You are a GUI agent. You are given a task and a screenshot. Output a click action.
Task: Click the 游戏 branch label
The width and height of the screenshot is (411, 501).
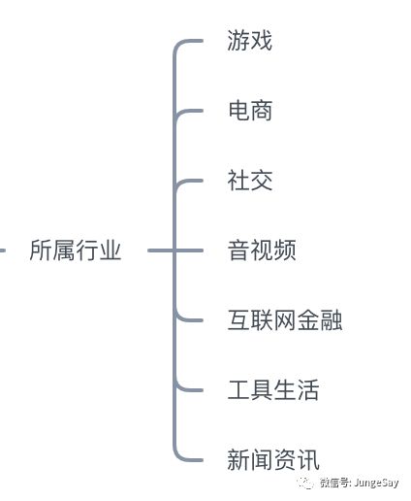[x=249, y=41]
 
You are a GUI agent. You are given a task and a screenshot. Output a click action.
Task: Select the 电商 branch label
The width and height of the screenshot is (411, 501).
[x=250, y=111]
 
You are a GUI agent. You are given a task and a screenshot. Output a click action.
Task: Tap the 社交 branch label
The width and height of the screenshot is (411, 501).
[x=250, y=181]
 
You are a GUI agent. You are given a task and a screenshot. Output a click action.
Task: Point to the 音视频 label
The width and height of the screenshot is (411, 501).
[x=262, y=250]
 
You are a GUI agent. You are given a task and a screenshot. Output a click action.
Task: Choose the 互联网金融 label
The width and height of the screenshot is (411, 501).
[x=285, y=320]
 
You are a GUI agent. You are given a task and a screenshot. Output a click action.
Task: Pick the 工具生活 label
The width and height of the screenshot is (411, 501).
[x=273, y=390]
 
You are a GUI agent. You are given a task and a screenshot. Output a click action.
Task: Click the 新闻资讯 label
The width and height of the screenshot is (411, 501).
[x=273, y=460]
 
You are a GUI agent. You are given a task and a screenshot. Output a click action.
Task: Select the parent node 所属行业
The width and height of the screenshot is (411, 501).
[x=76, y=250]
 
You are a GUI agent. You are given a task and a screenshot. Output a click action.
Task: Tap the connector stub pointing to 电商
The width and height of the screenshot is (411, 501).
[x=187, y=111]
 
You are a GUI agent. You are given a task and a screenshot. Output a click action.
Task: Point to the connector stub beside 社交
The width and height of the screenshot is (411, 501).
[x=187, y=181]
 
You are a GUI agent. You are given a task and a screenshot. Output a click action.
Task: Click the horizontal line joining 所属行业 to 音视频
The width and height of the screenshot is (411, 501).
[x=175, y=250]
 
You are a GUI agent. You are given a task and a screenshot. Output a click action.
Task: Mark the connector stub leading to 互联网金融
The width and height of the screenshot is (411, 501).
[x=187, y=319]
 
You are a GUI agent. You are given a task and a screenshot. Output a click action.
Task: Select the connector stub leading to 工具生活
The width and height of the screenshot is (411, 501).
[x=187, y=389]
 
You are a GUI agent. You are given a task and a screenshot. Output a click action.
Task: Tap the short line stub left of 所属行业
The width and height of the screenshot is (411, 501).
[x=3, y=250]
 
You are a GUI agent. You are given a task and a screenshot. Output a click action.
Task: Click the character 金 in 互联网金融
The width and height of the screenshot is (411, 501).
[x=308, y=320]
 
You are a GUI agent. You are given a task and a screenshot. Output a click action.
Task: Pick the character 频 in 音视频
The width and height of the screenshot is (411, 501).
[x=285, y=250]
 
